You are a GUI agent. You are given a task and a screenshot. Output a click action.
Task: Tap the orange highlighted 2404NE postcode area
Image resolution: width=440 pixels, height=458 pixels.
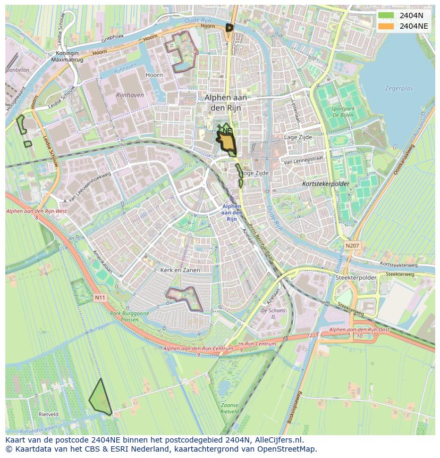point(227,142)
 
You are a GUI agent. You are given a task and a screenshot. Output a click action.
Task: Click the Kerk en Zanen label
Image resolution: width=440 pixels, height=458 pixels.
point(180,270)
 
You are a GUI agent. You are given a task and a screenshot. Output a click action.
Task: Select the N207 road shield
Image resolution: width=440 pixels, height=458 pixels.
point(352,246)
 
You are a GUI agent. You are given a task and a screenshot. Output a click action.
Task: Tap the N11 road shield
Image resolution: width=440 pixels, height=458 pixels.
point(100,298)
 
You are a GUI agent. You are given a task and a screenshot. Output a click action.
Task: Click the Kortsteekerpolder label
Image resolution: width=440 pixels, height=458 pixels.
point(325,184)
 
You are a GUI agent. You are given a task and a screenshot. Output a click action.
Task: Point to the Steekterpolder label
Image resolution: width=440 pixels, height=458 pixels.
point(356,278)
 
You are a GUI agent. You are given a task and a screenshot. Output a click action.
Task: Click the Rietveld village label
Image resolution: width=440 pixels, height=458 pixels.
point(48,414)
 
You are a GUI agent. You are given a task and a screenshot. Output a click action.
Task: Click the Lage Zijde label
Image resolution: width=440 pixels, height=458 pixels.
point(298,137)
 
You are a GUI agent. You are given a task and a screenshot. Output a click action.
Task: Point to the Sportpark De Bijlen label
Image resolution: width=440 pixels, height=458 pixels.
point(343,111)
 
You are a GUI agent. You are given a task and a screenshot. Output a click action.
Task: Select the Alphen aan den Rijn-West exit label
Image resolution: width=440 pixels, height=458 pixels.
point(36,212)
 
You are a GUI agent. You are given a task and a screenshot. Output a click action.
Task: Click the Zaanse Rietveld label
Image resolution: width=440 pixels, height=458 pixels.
point(230,408)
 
